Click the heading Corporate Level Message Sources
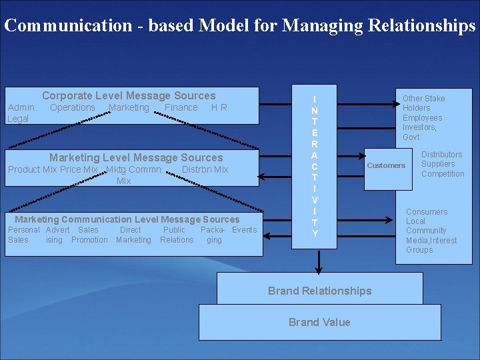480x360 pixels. coord(129,96)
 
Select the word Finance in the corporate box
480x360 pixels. coord(181,107)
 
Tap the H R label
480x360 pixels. coord(219,107)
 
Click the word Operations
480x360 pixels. coord(73,107)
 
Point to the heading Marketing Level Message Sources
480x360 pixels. coord(136,158)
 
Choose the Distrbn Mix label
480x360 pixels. coord(205,169)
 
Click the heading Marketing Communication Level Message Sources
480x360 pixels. coord(127,219)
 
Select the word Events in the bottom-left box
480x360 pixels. coord(244,230)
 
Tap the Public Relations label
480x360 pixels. coord(177,235)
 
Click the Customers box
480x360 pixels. coord(386,165)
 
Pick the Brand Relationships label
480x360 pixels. coord(319,291)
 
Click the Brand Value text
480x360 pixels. coord(319,322)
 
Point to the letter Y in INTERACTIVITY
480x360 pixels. coord(315,233)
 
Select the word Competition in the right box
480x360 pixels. coord(443,174)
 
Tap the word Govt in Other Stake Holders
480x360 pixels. coord(411,137)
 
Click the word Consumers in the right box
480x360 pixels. coord(427,212)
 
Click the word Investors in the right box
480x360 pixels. coord(419,127)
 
